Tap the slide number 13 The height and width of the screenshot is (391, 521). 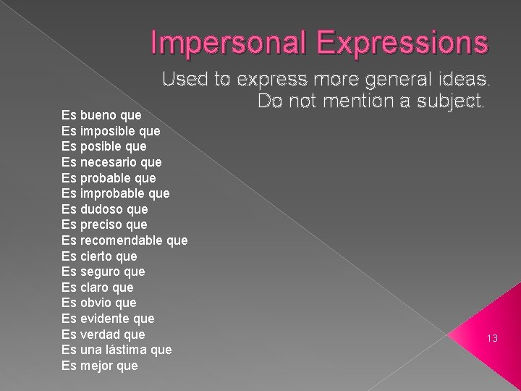coord(493,338)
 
